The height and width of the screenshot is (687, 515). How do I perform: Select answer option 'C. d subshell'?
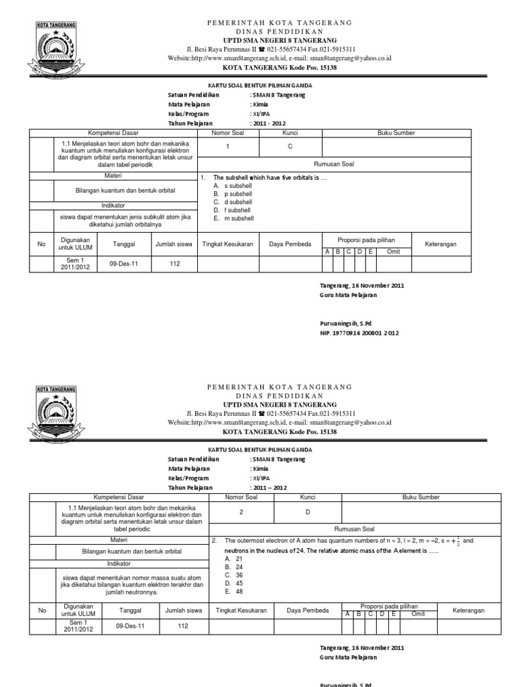[233, 201]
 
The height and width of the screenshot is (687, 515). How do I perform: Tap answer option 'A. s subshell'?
[232, 184]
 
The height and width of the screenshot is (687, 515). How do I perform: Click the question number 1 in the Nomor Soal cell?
[227, 146]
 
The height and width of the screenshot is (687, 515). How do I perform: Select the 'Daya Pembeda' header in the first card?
[290, 244]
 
